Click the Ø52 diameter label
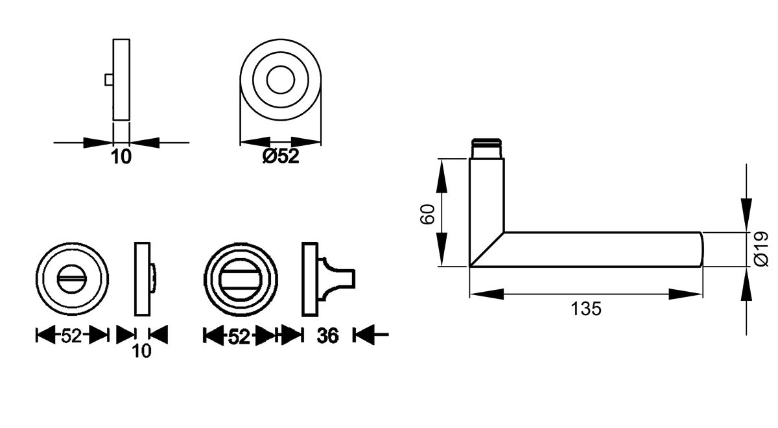(281, 157)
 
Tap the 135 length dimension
(587, 309)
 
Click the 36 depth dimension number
(328, 336)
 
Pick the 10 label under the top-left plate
(121, 157)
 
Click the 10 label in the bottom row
(141, 351)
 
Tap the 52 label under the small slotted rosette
(71, 336)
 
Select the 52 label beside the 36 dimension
(239, 336)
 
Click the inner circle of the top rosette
(281, 80)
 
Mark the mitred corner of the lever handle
(486, 250)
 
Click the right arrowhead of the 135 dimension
(686, 294)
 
